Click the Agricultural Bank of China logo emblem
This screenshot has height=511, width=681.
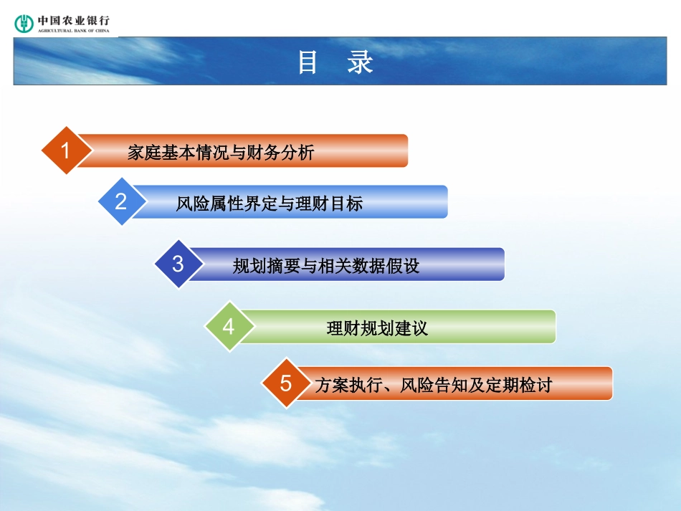(x=24, y=23)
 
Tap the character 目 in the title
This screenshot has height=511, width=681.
(x=308, y=62)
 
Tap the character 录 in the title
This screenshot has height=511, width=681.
(x=360, y=62)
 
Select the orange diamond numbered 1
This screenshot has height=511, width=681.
(x=66, y=151)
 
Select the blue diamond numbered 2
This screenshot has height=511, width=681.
(x=120, y=201)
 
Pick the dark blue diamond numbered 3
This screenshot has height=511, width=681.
(x=178, y=264)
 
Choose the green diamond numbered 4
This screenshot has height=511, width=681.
(x=228, y=327)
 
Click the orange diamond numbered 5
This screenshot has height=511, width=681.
(x=285, y=383)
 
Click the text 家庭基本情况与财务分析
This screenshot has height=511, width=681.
(x=221, y=152)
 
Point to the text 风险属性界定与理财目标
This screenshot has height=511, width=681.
(x=270, y=204)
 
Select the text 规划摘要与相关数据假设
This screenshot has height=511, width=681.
(x=326, y=266)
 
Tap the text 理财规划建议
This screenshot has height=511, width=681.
(x=377, y=328)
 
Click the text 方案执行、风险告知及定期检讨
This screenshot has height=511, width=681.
(x=434, y=385)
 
